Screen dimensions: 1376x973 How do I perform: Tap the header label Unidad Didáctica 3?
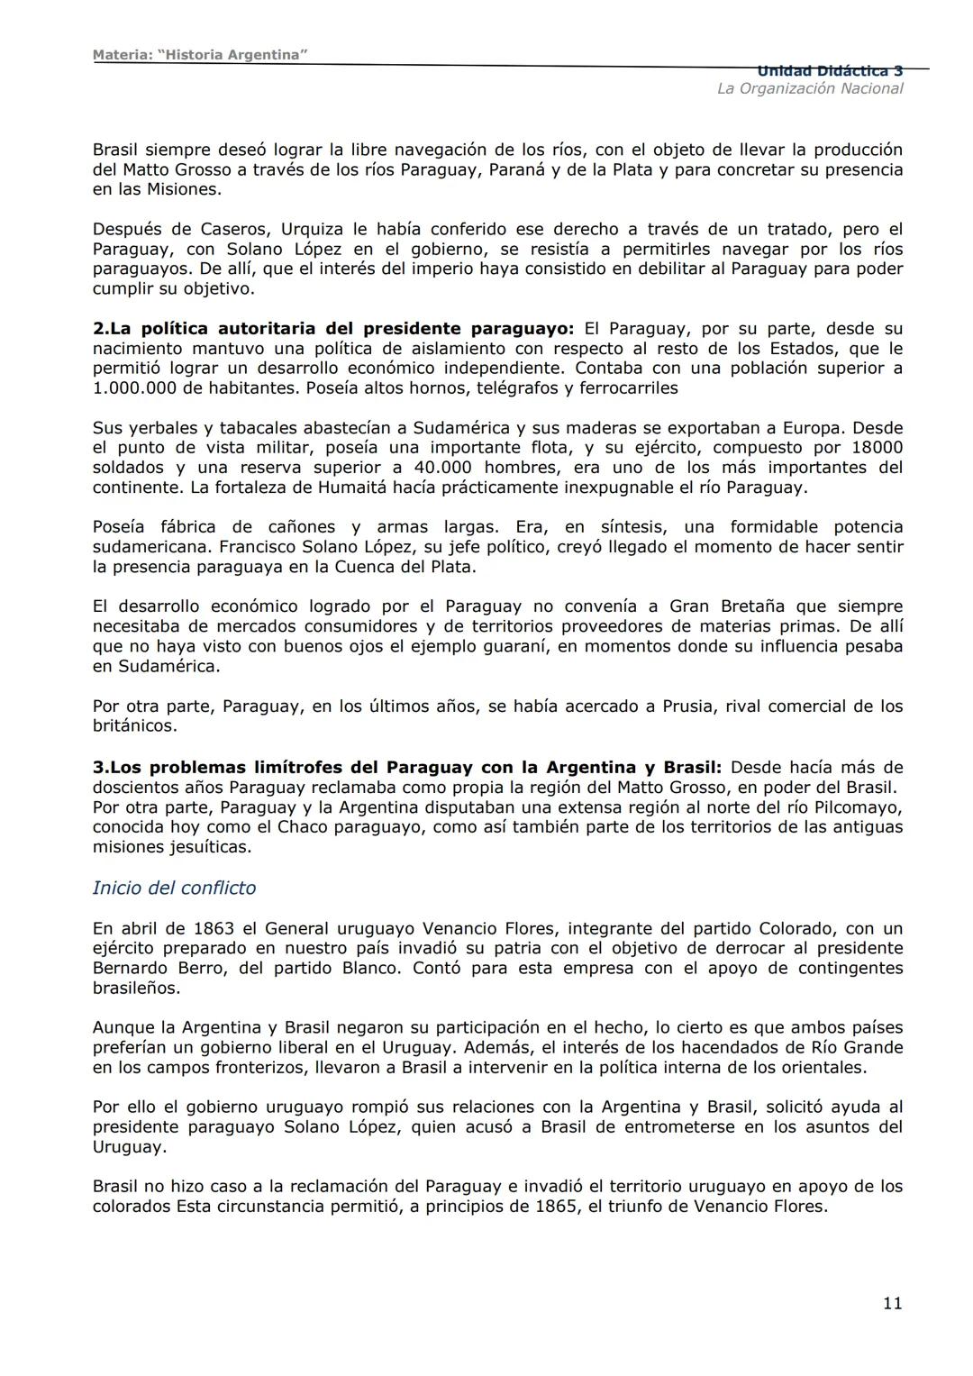point(830,71)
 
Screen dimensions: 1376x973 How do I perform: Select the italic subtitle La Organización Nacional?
point(809,88)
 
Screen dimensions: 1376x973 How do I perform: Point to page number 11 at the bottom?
point(892,1303)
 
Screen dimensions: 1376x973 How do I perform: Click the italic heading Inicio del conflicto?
point(174,888)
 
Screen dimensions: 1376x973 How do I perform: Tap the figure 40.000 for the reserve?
point(439,468)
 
